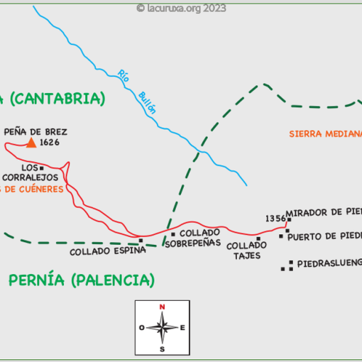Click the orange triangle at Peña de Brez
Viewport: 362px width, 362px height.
click(31, 142)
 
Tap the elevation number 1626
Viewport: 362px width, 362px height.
click(50, 143)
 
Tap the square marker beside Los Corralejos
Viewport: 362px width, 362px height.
click(62, 167)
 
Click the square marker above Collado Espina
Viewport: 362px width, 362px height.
click(141, 241)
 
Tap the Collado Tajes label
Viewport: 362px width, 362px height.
click(247, 250)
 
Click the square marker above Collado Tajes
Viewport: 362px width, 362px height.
click(258, 238)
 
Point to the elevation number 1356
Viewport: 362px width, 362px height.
click(275, 219)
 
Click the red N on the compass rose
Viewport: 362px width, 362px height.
click(163, 306)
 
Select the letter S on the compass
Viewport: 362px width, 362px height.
click(163, 349)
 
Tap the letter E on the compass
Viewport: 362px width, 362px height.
click(182, 327)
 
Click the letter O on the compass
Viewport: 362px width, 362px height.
click(142, 327)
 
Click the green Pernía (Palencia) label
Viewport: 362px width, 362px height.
click(82, 280)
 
